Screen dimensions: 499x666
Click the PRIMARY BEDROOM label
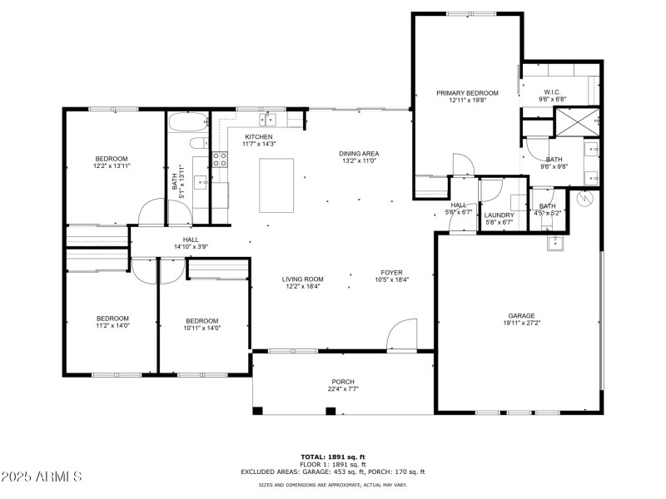coord(467,93)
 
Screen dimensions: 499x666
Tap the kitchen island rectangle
coord(277,185)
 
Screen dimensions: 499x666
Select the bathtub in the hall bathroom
coord(186,124)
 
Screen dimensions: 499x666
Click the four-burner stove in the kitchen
coord(221,159)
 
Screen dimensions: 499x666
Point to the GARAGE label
coord(521,316)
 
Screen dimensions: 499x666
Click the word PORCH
coord(343,382)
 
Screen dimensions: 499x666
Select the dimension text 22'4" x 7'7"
coord(343,389)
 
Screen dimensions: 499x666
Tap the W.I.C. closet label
coord(554,92)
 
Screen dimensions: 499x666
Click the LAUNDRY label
coord(499,215)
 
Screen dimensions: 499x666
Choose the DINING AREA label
coord(359,153)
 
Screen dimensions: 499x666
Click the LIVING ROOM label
coord(303,279)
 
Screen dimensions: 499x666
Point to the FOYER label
coord(391,272)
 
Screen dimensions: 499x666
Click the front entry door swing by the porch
coord(401,335)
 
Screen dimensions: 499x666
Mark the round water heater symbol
coord(585,200)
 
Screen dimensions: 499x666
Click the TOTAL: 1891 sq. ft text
coord(333,457)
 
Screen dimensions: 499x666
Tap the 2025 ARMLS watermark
coord(42,477)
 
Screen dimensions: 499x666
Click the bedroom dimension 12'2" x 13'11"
coord(111,166)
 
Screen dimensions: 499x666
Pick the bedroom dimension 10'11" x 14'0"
coord(201,328)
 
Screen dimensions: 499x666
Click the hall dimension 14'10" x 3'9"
coord(191,247)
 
